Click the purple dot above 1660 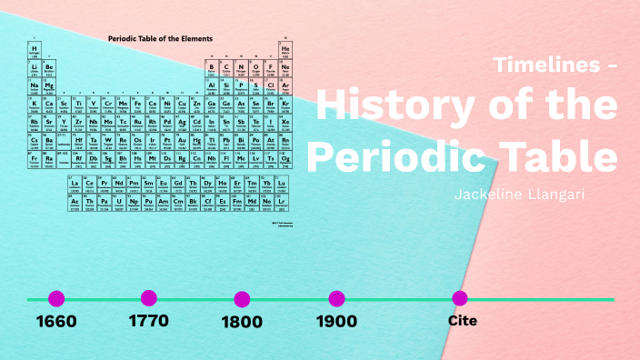(x=56, y=298)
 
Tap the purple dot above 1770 (x=149, y=297)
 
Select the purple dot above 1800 (x=242, y=299)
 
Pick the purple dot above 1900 (x=336, y=298)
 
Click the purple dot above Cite (x=460, y=298)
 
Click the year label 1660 (x=56, y=321)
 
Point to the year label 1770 (x=149, y=320)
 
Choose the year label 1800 (x=242, y=321)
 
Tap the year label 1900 (x=336, y=321)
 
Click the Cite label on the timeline (x=462, y=320)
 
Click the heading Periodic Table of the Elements (x=160, y=39)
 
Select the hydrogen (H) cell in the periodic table (x=35, y=50)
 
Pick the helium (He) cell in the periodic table (x=285, y=50)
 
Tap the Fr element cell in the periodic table (x=35, y=158)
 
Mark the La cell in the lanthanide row (x=75, y=185)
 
